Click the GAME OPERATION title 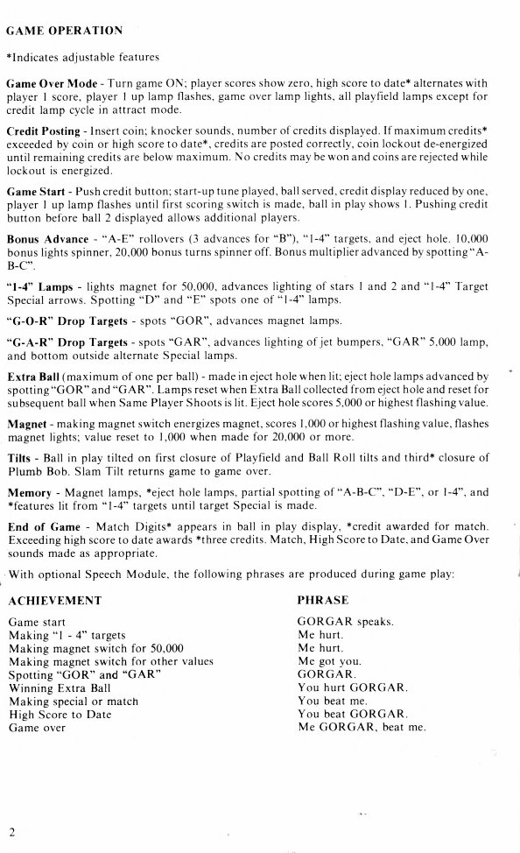tap(64, 31)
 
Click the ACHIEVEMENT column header tap(54, 602)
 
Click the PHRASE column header tap(322, 602)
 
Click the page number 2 tap(12, 829)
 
